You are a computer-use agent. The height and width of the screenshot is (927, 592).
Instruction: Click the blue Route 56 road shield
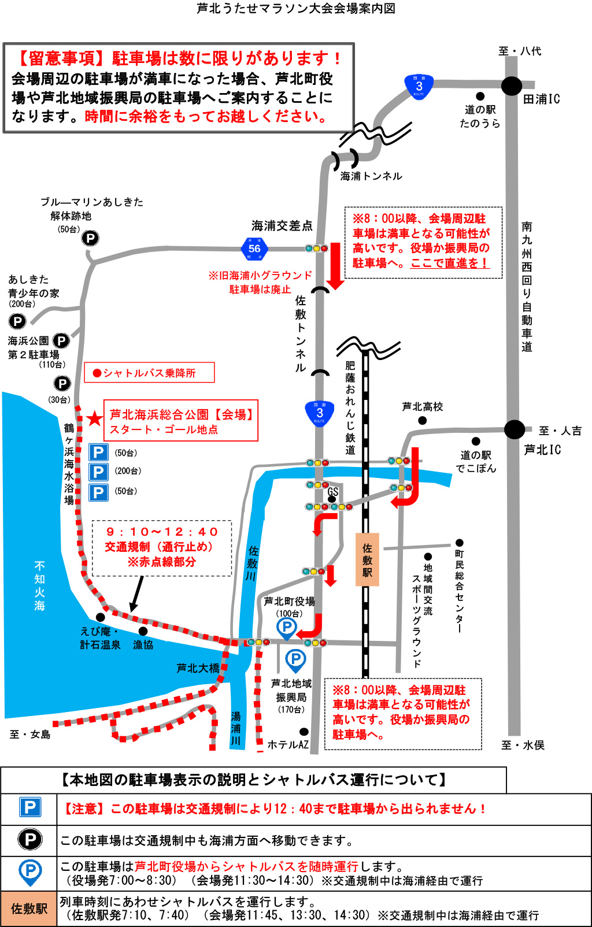point(254,249)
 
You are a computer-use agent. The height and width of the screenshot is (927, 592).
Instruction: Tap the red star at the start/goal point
point(94,418)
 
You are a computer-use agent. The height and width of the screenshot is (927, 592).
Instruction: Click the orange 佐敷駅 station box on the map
point(367,559)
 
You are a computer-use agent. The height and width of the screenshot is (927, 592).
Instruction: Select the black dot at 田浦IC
point(511,86)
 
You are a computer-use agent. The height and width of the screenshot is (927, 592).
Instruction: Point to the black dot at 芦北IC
point(514,429)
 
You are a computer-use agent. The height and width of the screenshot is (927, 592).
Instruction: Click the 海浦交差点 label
point(282,226)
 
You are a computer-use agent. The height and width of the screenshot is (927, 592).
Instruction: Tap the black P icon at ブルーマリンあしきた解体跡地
point(90,238)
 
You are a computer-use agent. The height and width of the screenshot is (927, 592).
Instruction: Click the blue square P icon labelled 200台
point(98,472)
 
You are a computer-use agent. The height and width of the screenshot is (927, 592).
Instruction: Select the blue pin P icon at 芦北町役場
point(287,628)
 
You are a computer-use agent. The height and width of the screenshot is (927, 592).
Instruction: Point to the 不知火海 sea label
point(39,585)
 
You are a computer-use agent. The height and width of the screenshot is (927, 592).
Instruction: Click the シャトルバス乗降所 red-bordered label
point(149,373)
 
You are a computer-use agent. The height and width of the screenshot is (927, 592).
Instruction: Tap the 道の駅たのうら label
point(480,116)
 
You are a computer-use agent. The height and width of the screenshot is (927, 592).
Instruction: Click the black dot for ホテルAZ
point(304,732)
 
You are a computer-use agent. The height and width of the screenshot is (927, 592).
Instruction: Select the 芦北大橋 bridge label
point(198,668)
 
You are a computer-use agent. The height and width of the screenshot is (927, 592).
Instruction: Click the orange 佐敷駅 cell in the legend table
point(29,909)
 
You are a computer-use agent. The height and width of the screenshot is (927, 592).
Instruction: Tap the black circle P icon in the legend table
point(30,840)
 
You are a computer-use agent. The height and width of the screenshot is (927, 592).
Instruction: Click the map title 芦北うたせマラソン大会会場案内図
point(296,9)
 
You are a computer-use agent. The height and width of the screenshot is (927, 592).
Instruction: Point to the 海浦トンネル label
point(371,176)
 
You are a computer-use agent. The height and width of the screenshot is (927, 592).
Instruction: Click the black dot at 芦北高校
point(423,420)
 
